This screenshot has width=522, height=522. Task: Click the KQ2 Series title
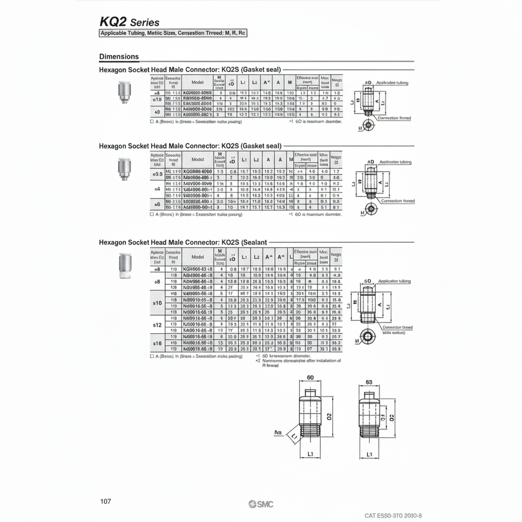pos(129,22)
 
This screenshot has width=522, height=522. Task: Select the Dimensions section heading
pos(119,57)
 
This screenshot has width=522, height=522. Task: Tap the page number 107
pos(105,501)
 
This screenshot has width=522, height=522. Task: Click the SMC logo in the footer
pos(262,504)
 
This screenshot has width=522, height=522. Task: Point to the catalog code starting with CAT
pos(393,515)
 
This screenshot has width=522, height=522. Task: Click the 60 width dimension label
pos(310,377)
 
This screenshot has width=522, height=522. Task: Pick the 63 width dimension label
pos(369,382)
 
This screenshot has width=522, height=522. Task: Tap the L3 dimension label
pos(310,453)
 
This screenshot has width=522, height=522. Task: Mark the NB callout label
pos(278,433)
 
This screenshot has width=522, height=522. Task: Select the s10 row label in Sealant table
pos(157,302)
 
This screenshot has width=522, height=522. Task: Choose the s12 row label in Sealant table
pos(157,325)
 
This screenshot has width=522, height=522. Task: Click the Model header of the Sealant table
pos(198,257)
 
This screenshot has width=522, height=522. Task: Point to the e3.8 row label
pos(157,174)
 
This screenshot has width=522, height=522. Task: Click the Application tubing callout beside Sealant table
pos(394,282)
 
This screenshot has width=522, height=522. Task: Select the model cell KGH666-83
pos(198,269)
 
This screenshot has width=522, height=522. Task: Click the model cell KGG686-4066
pos(198,171)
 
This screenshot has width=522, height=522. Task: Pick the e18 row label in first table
pos(157,100)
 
